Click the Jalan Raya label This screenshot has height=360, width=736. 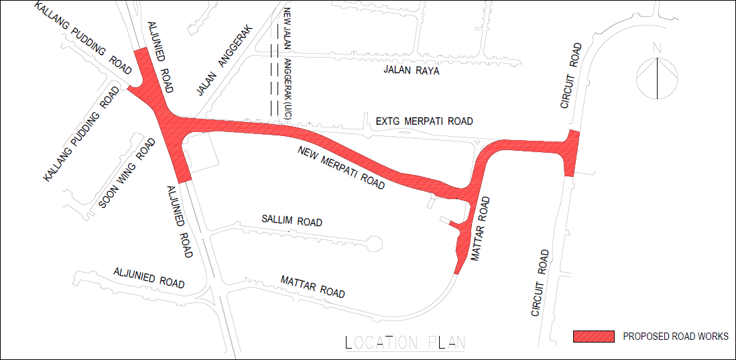tap(411, 70)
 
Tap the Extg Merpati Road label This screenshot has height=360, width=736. tap(424, 121)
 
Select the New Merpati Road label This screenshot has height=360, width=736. tap(341, 168)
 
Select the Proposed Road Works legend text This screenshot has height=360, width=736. tap(675, 337)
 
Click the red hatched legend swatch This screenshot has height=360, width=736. tap(594, 337)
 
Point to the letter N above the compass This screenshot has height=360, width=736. tap(658, 48)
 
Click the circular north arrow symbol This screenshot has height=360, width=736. tap(657, 78)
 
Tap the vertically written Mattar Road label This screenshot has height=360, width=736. tap(481, 229)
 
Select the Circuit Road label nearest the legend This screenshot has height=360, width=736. tap(541, 283)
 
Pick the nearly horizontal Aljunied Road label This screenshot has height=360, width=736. tap(149, 278)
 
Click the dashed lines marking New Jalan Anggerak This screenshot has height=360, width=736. tap(274, 70)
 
